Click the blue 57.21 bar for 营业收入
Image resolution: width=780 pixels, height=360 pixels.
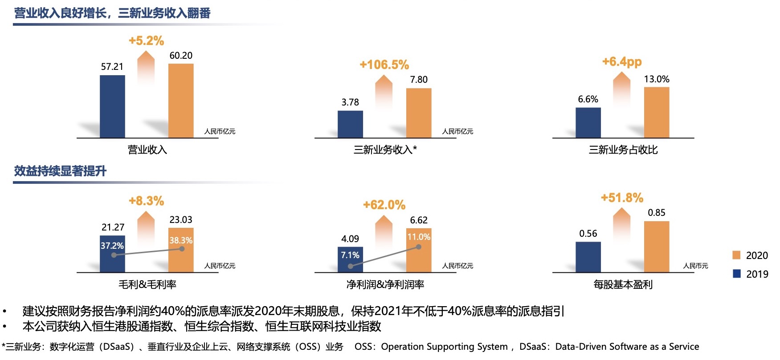tap(112, 106)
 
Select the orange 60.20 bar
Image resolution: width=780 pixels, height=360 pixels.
tap(181, 101)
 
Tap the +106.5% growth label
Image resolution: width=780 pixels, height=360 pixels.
tap(384, 65)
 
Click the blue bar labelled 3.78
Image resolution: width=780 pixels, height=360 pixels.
tap(350, 124)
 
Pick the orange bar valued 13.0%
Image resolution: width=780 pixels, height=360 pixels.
tap(657, 113)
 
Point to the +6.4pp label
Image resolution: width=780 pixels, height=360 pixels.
tap(622, 61)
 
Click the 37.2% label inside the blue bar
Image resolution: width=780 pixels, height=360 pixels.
tap(112, 246)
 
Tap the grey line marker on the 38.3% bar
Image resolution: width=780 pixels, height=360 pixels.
tap(182, 249)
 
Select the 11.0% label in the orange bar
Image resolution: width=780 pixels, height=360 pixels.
tap(419, 237)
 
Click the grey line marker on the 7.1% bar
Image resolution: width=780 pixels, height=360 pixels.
tap(351, 266)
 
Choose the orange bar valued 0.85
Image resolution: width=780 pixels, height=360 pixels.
tap(657, 247)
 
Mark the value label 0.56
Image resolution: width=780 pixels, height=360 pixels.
tap(588, 234)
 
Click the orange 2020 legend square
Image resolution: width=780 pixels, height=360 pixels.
tap(736, 255)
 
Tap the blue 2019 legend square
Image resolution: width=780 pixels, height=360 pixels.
tap(736, 274)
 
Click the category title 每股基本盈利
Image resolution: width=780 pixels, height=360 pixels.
tap(623, 284)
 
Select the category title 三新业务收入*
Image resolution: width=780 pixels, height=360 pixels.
tap(385, 150)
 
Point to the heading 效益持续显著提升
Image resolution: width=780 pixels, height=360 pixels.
tap(60, 171)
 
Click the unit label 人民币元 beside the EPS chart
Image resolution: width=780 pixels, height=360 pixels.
tap(695, 266)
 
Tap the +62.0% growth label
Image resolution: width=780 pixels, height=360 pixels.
tap(384, 205)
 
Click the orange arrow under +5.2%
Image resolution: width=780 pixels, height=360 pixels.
tap(146, 67)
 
